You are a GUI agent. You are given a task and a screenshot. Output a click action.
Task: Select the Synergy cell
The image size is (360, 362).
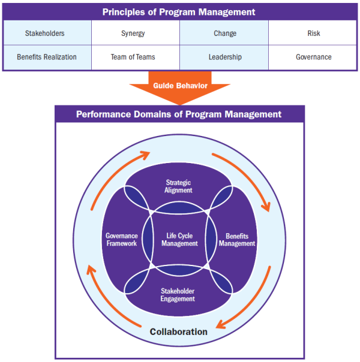coord(136,34)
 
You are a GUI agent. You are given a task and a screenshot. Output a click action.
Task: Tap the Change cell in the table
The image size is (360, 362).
coord(224,34)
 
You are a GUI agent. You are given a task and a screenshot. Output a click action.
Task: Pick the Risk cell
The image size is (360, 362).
coord(313,34)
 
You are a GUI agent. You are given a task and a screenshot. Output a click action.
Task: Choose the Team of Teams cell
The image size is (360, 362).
coord(136,57)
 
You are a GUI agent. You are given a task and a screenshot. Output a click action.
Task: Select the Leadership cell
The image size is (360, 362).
coord(224,57)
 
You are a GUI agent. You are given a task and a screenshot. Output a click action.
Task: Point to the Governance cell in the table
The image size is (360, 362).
coord(313,57)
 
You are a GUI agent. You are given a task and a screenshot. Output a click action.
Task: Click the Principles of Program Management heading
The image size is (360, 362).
coord(179,12)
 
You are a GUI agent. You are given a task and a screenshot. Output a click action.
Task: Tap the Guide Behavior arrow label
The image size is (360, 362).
coord(179,86)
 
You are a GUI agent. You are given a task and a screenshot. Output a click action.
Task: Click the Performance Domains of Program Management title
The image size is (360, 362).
coord(179,114)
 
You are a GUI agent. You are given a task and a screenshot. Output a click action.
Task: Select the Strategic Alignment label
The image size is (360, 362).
coord(179,186)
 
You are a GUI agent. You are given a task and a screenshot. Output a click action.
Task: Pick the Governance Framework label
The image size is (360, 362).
coord(122,240)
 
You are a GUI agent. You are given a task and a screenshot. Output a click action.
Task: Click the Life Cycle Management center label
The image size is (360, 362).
coord(179,240)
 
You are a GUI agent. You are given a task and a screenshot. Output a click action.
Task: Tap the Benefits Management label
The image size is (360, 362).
coord(236,240)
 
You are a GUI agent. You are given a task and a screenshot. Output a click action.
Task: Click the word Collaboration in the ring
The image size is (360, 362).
coord(179,331)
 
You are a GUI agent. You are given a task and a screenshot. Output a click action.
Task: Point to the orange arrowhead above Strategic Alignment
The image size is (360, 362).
coord(144,155)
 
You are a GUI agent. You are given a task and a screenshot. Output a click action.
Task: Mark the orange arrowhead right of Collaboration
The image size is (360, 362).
coord(220,325)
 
